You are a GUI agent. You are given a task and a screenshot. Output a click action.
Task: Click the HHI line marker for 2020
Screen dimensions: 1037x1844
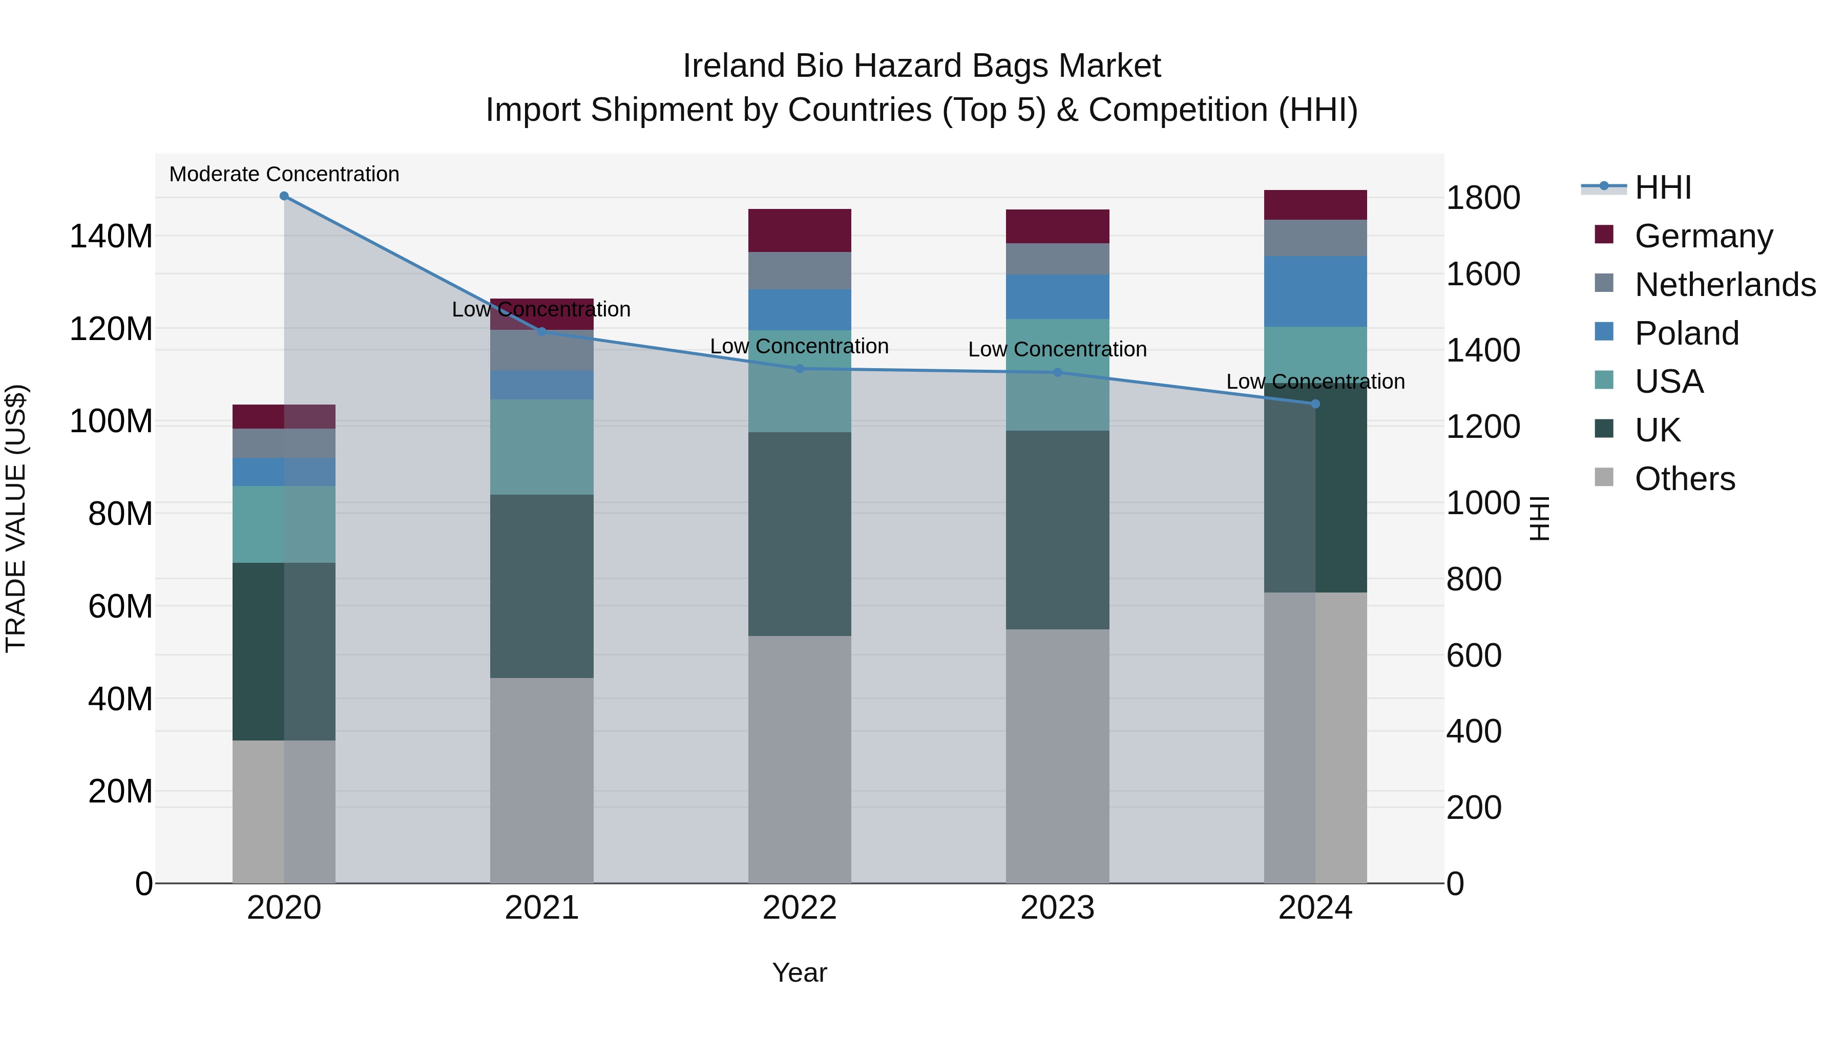[x=284, y=196]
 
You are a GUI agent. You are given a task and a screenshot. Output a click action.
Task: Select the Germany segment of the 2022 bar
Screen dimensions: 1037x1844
[x=800, y=230]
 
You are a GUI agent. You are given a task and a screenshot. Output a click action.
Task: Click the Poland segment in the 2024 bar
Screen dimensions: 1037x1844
[x=1315, y=291]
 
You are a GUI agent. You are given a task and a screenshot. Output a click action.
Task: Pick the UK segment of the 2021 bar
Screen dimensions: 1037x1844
[x=542, y=586]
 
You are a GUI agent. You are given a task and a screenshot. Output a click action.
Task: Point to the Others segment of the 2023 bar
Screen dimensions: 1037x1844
[x=1057, y=756]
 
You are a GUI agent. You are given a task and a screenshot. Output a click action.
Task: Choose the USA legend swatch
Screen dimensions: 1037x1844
[x=1604, y=380]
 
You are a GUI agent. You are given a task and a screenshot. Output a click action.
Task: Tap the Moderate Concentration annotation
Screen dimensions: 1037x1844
[x=284, y=175]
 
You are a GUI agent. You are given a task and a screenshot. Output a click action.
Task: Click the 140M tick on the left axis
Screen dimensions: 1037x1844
[x=111, y=236]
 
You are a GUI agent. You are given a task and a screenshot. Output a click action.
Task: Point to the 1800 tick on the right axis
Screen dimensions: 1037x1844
[x=1482, y=198]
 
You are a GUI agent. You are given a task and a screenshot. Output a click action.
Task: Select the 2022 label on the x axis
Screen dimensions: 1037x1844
[x=800, y=908]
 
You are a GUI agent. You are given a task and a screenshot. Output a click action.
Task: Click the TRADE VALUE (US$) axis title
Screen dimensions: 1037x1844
[x=16, y=518]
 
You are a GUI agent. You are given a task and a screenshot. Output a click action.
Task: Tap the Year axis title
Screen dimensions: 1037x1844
[x=800, y=972]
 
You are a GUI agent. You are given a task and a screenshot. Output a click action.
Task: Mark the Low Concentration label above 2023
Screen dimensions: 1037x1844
[x=1057, y=350]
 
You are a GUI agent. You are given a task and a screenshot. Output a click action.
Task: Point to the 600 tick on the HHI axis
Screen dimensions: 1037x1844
[x=1473, y=655]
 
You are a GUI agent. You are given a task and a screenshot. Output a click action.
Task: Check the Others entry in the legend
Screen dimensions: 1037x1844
[x=1684, y=479]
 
